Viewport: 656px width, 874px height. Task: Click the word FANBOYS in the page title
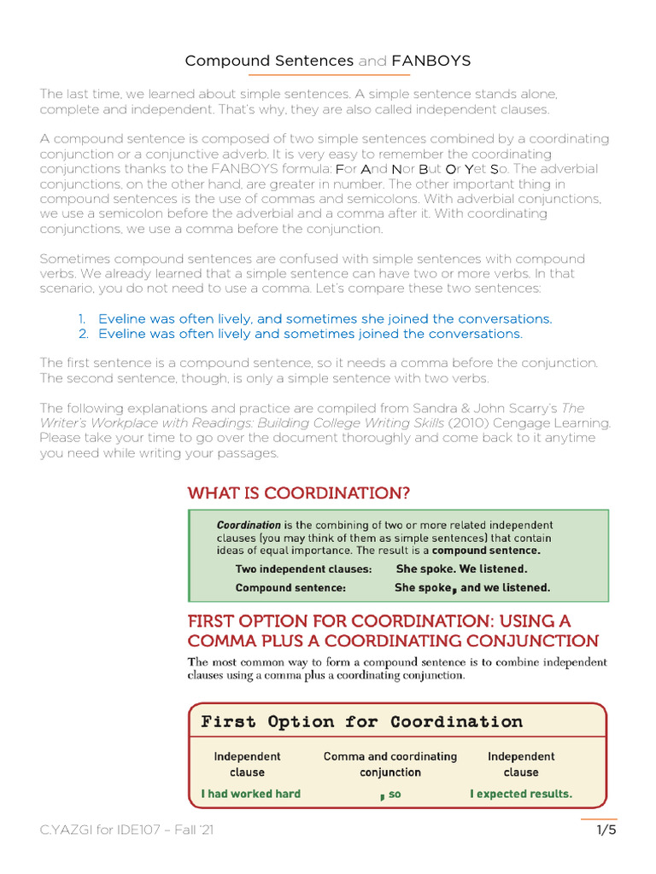click(430, 61)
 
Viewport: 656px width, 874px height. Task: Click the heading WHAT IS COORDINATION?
click(299, 493)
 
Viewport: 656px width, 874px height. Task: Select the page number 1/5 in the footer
click(606, 830)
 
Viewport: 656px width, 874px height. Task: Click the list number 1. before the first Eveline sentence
click(84, 318)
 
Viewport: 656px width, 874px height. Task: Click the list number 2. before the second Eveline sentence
click(84, 334)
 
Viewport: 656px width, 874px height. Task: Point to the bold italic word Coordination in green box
click(249, 525)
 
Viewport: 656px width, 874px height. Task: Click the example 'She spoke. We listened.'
click(461, 568)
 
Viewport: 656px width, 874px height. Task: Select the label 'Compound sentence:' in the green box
click(290, 587)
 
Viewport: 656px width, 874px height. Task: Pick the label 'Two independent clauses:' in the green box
click(303, 568)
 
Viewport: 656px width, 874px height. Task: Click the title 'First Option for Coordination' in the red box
click(361, 722)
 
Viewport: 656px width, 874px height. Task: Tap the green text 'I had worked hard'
click(251, 794)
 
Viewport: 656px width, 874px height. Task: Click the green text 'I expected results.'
click(521, 794)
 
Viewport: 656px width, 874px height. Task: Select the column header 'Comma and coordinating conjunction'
click(390, 764)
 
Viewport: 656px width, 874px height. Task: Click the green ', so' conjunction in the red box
click(390, 795)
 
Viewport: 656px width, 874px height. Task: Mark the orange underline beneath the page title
click(327, 75)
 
